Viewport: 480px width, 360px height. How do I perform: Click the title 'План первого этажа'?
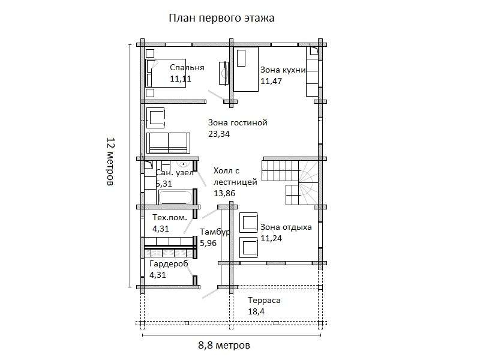[221, 18]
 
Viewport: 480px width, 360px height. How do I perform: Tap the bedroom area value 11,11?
[181, 79]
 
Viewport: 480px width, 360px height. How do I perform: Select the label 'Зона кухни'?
[283, 70]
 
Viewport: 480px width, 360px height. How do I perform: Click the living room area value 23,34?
[219, 134]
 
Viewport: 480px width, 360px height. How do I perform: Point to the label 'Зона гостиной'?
[237, 122]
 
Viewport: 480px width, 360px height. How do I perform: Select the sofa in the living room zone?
[168, 143]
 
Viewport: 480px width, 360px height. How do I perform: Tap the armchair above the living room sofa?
[157, 117]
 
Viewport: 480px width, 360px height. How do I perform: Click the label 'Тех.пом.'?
[169, 217]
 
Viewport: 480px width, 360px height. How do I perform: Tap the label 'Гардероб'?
[169, 263]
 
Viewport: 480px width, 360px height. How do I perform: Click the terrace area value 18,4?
[257, 311]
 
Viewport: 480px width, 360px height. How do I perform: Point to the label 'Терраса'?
[264, 300]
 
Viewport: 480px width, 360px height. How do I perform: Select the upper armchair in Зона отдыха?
[249, 222]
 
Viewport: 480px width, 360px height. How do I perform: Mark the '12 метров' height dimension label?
[110, 162]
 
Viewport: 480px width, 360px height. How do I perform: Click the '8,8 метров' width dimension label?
[224, 346]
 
